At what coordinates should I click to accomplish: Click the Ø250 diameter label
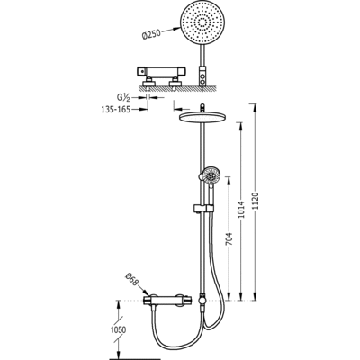(151, 35)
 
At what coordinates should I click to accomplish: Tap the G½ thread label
(123, 97)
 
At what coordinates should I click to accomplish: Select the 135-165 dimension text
(115, 110)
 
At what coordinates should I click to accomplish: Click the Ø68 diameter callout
(133, 280)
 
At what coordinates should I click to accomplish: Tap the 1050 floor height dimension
(120, 329)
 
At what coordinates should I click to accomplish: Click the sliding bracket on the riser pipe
(203, 208)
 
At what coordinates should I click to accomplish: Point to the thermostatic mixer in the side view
(166, 300)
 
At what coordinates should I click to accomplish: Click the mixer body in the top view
(161, 71)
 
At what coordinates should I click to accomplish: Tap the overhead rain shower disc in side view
(202, 117)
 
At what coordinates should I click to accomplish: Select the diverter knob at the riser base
(202, 300)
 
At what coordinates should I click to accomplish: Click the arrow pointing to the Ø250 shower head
(172, 30)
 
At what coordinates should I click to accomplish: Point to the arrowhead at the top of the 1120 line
(255, 106)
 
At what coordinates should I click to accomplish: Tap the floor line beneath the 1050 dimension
(135, 359)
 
